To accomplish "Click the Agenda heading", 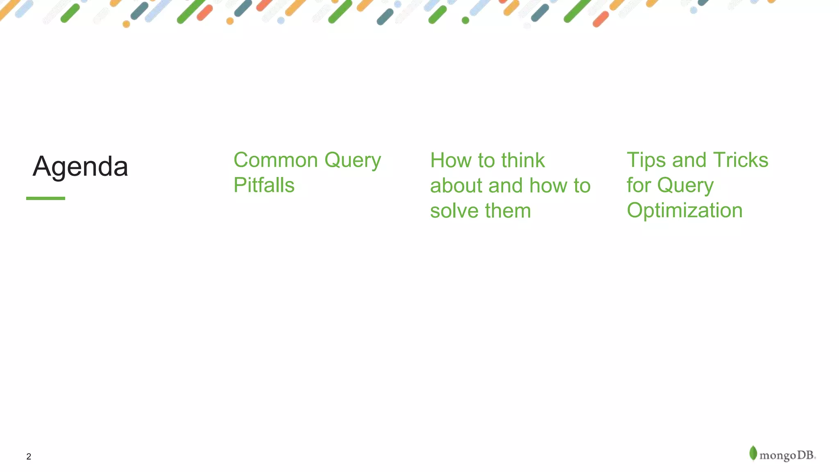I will (x=80, y=167).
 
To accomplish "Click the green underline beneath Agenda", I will (x=45, y=198).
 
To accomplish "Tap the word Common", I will (x=275, y=160).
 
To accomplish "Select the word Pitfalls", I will (x=264, y=185).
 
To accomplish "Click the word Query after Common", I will (x=353, y=160).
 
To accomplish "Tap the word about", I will (x=456, y=186).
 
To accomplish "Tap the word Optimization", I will (x=685, y=211).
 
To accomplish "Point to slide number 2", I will (x=29, y=456).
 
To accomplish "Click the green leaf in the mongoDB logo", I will (x=753, y=453).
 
